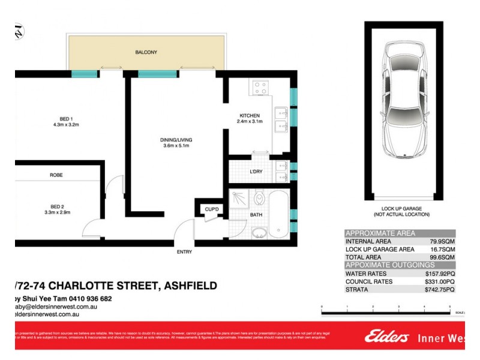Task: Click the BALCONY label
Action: (146, 52)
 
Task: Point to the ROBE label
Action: (57, 175)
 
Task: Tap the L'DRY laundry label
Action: (256, 172)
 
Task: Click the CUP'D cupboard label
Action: (211, 209)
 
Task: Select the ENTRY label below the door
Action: (184, 251)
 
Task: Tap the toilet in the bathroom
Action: (259, 197)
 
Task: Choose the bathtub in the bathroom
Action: (279, 214)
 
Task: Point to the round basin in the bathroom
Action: (259, 232)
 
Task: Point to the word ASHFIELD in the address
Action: (187, 286)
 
